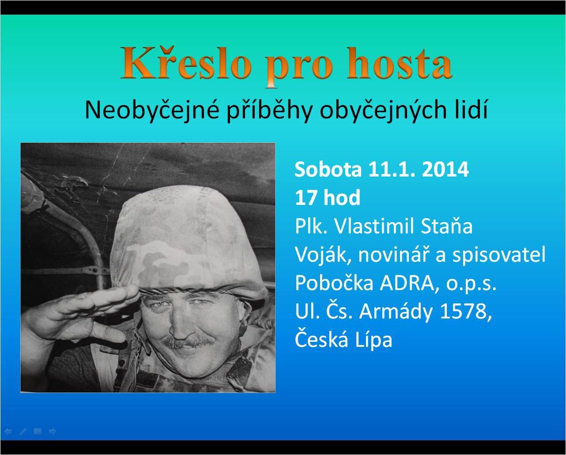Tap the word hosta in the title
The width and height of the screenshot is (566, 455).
(399, 63)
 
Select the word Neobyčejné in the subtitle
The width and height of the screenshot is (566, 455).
(152, 110)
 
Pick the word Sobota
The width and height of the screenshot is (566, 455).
(328, 170)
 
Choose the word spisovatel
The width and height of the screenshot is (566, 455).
(498, 255)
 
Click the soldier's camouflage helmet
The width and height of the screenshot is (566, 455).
(184, 242)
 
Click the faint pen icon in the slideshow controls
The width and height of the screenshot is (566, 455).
(23, 432)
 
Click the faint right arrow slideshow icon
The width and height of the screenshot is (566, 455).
(53, 432)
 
